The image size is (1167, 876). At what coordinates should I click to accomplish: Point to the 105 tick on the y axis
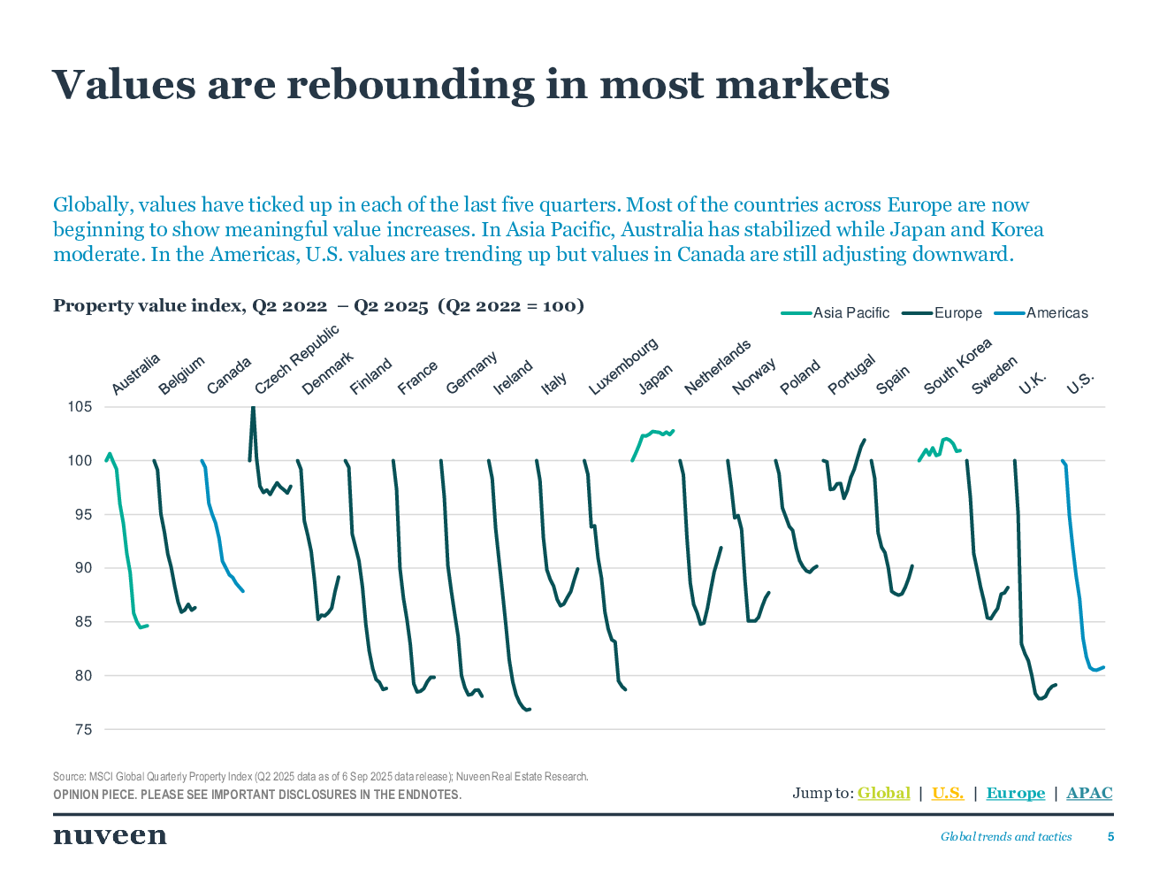click(x=80, y=407)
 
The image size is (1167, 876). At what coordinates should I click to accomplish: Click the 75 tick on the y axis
click(x=83, y=729)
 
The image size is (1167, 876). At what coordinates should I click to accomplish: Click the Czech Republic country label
click(x=297, y=360)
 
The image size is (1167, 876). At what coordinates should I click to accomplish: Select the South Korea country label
click(x=957, y=366)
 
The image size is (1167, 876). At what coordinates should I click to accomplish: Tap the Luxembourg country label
click(x=622, y=366)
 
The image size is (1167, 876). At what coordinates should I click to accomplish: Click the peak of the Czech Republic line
click(x=254, y=408)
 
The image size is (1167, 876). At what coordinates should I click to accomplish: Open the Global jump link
click(x=883, y=793)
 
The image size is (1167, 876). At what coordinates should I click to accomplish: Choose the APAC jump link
click(x=1089, y=793)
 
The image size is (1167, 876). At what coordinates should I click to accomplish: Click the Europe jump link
click(x=1015, y=793)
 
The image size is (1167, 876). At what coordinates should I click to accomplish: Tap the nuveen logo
click(x=110, y=836)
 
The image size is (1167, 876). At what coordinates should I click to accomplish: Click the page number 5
click(x=1111, y=836)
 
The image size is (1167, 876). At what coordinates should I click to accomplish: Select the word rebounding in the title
click(x=410, y=85)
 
